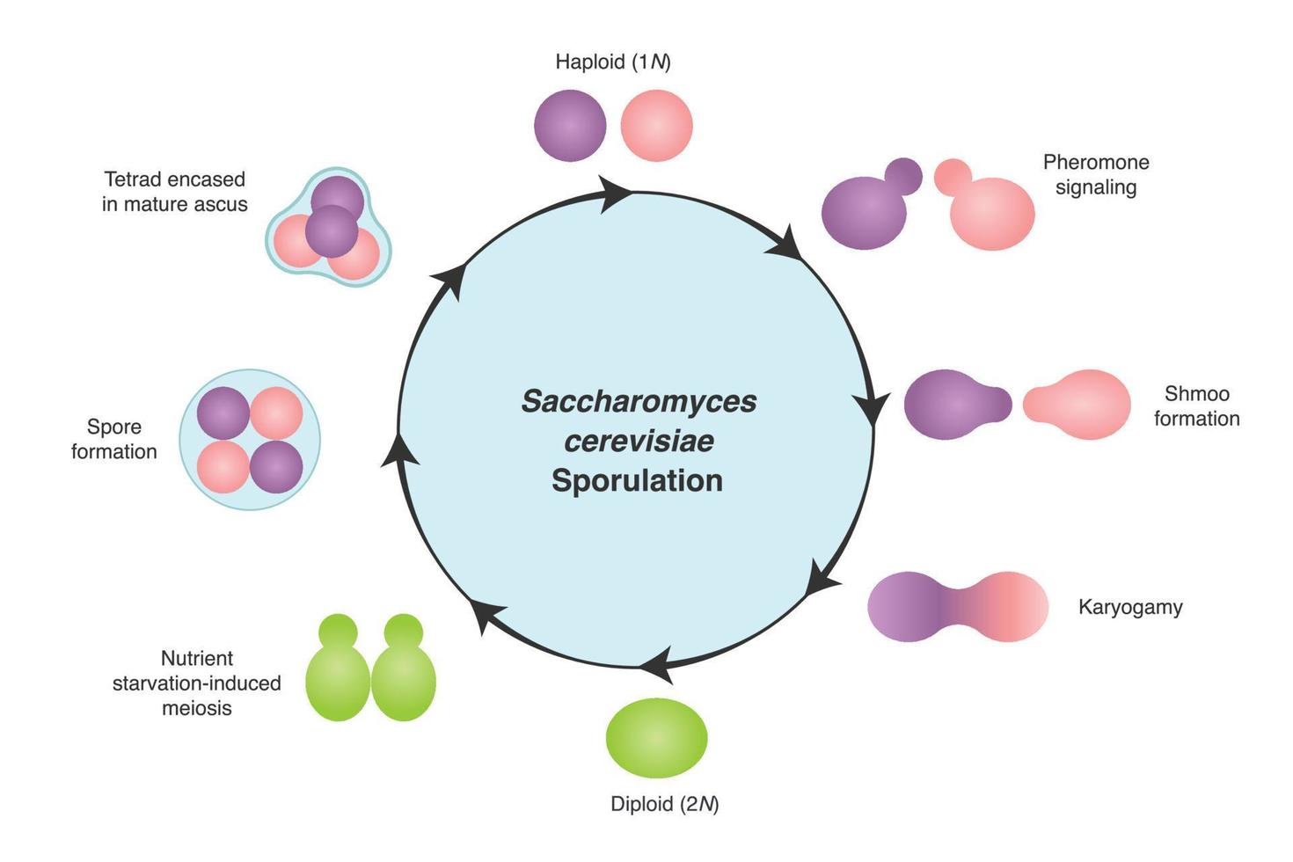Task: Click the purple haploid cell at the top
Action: coord(570,126)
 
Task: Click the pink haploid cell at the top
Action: coord(656,126)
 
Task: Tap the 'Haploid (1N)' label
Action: coord(612,62)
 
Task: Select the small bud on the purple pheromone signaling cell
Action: coord(902,176)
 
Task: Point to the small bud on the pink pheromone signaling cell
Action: coord(952,177)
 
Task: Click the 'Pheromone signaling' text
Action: coord(1096,174)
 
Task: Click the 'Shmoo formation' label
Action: coord(1196,405)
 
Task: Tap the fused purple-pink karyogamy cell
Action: coord(957,607)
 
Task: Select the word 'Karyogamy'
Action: coord(1130,607)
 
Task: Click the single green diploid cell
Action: coord(656,738)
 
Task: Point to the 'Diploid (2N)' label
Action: coord(664,804)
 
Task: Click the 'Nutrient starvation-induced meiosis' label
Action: coord(196,683)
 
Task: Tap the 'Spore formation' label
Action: coord(113,439)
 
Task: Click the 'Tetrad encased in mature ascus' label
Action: coord(174,192)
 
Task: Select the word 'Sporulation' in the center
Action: coord(637,480)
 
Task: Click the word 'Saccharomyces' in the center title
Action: coord(639,401)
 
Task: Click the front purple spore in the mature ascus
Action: coord(332,231)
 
